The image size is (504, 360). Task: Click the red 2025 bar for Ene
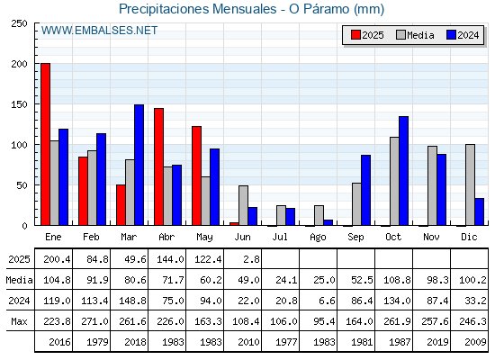click(45, 144)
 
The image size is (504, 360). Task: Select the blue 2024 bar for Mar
click(139, 165)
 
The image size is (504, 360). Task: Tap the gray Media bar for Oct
click(394, 181)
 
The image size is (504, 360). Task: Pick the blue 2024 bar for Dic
click(479, 211)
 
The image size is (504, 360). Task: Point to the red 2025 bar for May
click(197, 175)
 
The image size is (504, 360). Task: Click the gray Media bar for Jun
click(243, 205)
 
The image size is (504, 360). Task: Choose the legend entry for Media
click(415, 35)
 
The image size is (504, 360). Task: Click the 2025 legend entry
click(367, 35)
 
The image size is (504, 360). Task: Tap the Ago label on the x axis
click(318, 238)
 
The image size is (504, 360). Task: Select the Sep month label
click(355, 238)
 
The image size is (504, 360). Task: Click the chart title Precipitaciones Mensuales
click(197, 9)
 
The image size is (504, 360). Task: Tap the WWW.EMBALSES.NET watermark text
click(99, 31)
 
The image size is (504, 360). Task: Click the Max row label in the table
click(19, 321)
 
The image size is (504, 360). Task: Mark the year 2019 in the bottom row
click(437, 342)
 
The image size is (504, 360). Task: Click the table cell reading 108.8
click(397, 280)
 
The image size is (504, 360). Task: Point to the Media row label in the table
click(19, 280)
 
